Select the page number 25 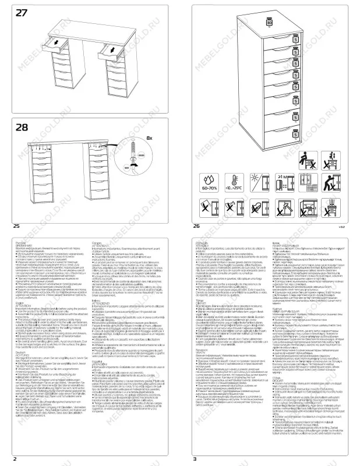click(x=16, y=225)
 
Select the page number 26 click(x=195, y=225)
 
